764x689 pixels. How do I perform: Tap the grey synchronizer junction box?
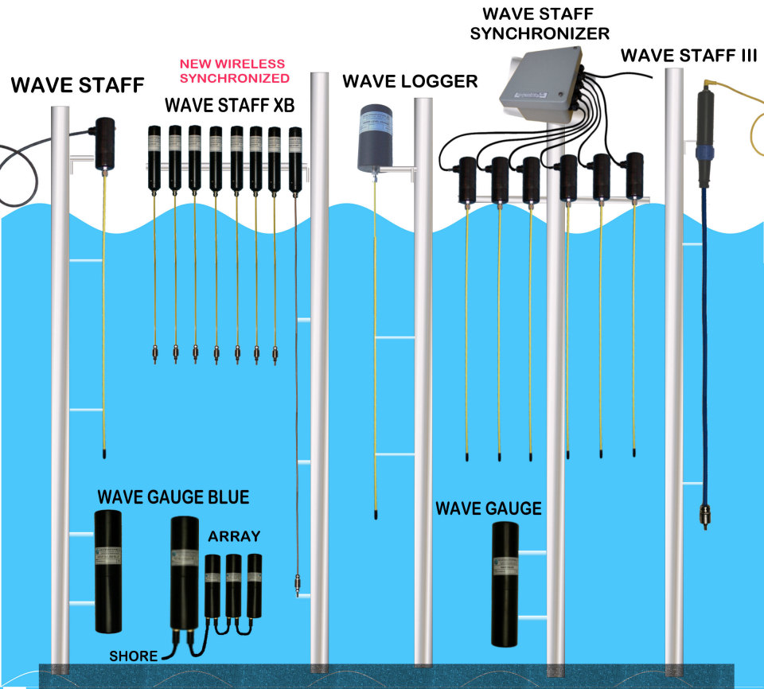click(541, 84)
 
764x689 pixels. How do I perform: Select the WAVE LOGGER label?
click(410, 81)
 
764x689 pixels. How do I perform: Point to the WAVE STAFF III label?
click(688, 56)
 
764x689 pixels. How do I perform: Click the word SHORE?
click(133, 656)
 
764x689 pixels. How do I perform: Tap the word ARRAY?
click(234, 536)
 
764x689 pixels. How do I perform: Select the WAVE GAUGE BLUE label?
click(173, 497)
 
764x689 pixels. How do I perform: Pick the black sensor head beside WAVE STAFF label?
click(105, 142)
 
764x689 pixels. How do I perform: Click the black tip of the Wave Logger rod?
click(374, 515)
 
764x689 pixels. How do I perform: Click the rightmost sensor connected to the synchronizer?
click(634, 175)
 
